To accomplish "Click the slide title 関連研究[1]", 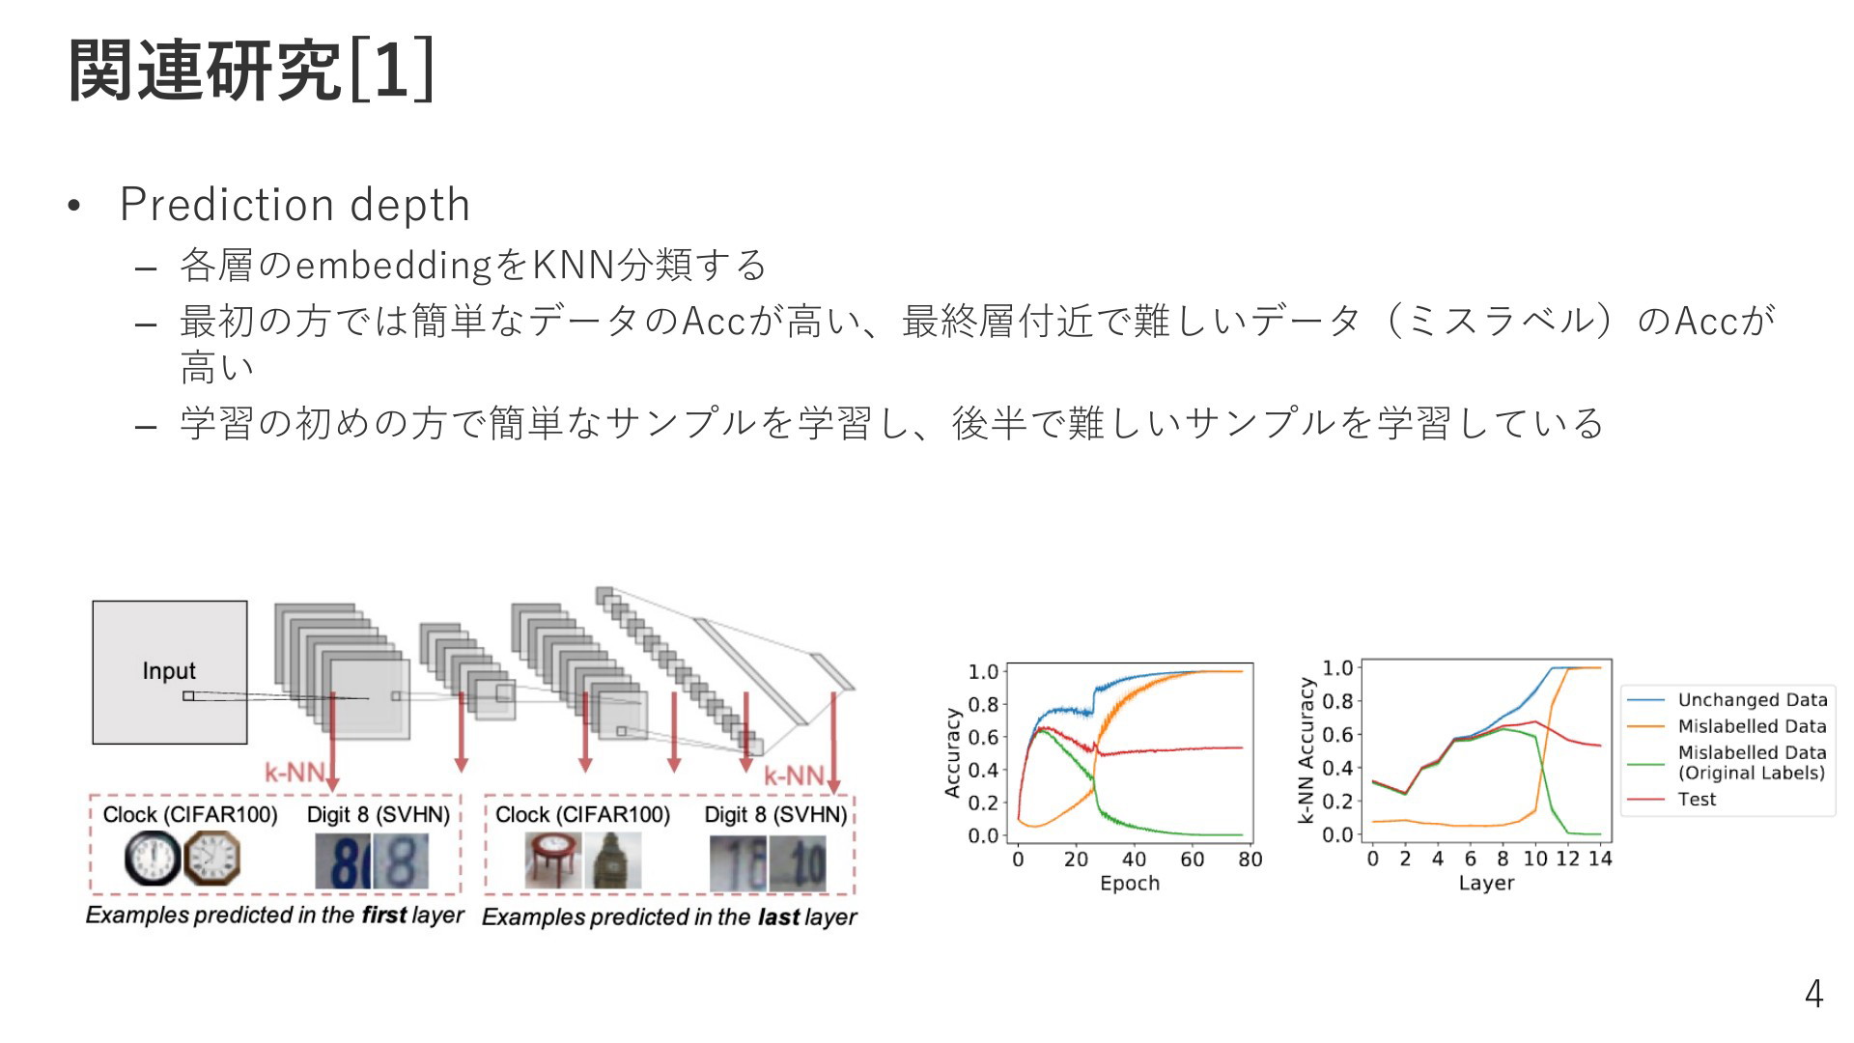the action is coord(251,70).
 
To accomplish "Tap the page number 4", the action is coord(1813,994).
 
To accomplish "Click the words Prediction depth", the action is coord(295,205).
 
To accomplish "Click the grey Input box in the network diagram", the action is coord(170,672).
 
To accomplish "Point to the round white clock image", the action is coord(153,859).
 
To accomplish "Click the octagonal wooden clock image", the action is coord(211,859).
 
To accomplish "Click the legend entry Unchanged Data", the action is coord(1752,699).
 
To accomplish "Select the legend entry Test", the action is coord(1697,800).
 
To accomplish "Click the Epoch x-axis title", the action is coord(1130,883).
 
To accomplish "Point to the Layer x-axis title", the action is coord(1486,883).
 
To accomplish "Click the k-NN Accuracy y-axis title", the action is coord(1306,750).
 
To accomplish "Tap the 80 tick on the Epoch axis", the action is coord(1250,859).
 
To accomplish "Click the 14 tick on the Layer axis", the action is coord(1600,858).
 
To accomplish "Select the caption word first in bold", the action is coord(384,915).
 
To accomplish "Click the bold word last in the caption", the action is coord(779,916).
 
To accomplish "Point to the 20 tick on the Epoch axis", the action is coord(1076,859).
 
